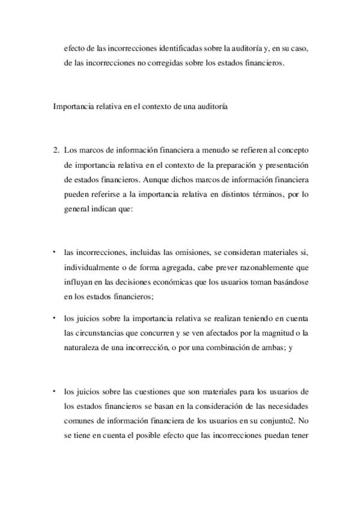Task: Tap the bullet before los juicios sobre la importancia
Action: coord(53,317)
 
